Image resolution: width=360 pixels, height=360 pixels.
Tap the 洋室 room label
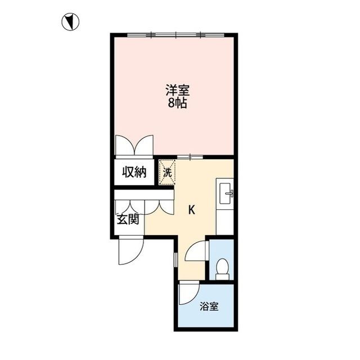(x=177, y=90)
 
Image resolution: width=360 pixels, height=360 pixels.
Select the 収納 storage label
(x=136, y=172)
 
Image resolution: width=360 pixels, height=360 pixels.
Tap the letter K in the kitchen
(x=191, y=210)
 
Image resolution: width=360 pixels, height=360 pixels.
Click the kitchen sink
(x=227, y=195)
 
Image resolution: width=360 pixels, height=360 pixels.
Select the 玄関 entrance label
(x=128, y=219)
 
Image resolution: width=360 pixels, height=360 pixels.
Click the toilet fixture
(x=222, y=268)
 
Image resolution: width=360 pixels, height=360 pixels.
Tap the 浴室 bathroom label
(x=209, y=307)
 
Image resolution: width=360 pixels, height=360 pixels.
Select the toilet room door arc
(x=197, y=251)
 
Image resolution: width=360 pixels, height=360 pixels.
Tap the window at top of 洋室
(x=176, y=35)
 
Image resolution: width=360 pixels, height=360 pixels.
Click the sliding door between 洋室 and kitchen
(x=192, y=156)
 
